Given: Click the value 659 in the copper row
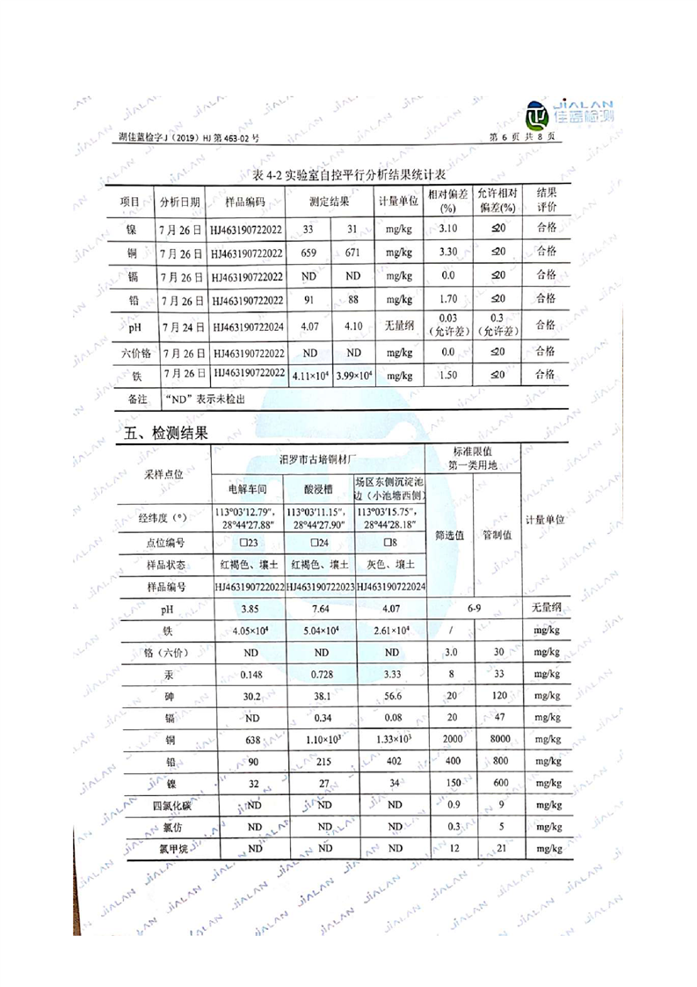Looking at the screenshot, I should (x=309, y=253).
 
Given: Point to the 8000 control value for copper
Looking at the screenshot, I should (x=497, y=739).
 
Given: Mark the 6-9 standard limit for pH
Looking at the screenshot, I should (x=473, y=608).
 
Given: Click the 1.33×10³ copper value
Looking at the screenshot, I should (x=391, y=739).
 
